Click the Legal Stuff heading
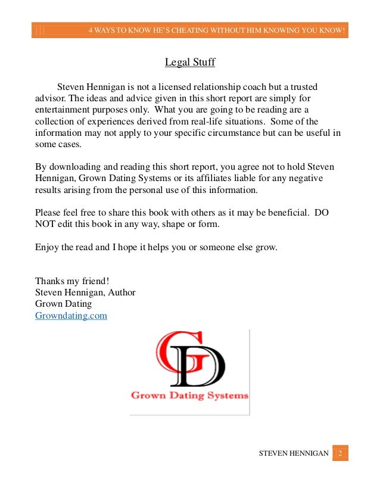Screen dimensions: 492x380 coord(189,62)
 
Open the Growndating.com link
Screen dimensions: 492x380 coord(71,316)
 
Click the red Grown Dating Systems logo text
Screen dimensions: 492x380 coord(189,395)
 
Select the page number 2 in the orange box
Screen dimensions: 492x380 coord(340,453)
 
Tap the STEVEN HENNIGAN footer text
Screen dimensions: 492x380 coord(293,454)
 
